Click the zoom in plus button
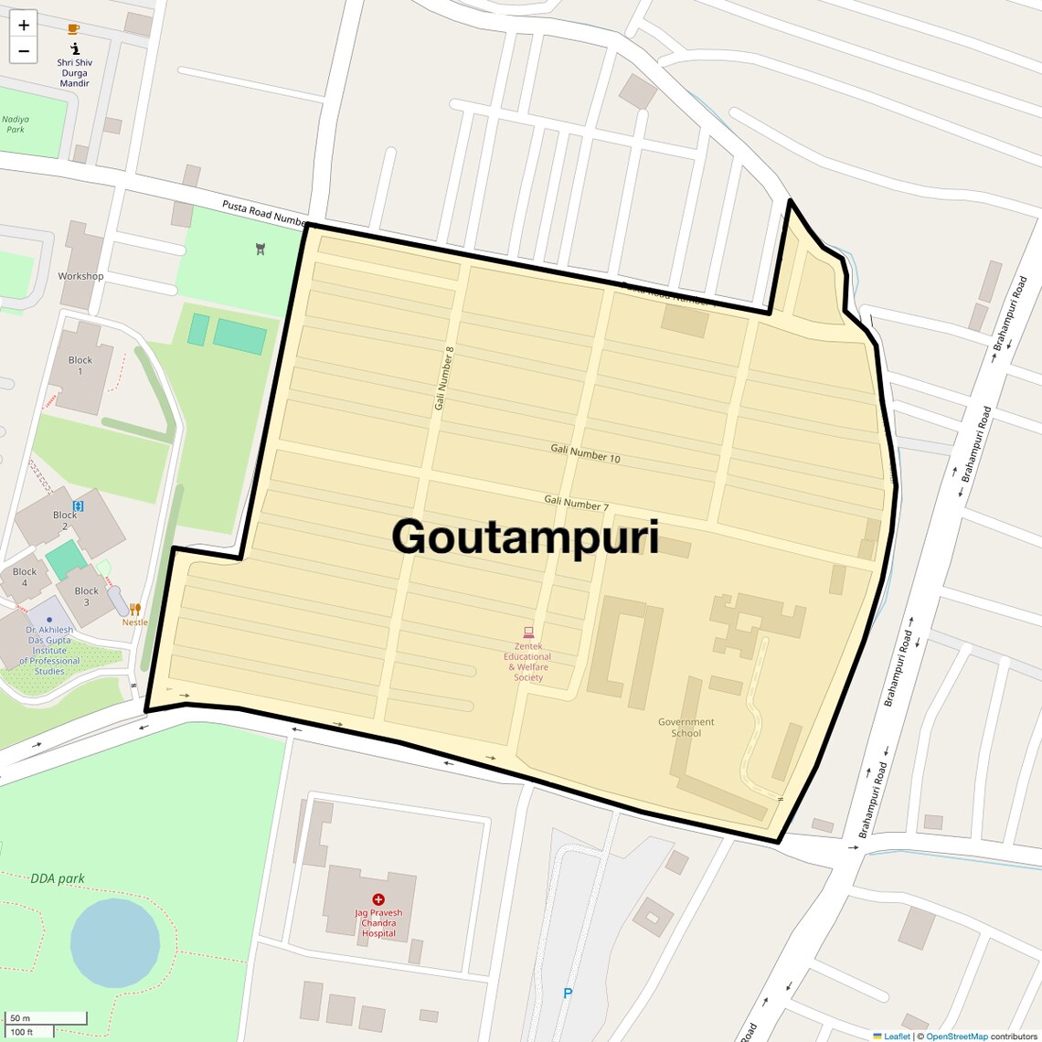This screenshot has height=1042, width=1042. coord(24,25)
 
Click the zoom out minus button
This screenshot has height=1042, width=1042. coord(24,51)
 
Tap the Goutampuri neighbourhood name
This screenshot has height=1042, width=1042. coord(526,537)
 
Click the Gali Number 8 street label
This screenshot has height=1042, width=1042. coord(444,377)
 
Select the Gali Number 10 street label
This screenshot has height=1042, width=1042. coord(585,452)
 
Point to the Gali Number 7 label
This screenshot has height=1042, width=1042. coord(576,502)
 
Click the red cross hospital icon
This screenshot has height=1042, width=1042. coord(378,899)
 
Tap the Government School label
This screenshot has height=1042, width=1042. coord(686,728)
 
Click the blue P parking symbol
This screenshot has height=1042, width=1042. coord(568,994)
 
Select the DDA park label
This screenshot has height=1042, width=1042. coord(58,878)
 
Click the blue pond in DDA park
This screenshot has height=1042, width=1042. coord(115,942)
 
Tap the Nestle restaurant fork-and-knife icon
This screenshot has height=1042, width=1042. coord(135,609)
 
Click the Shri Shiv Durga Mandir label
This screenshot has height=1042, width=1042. coord(75,73)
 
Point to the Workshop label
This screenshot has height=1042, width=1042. coord(80,276)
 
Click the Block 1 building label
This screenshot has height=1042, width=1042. coord(80,365)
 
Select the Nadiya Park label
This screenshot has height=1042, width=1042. coord(16,124)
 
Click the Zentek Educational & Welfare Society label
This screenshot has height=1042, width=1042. coord(528,662)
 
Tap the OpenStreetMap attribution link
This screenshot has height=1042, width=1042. coord(956,1036)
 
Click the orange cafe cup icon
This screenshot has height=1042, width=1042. coord(74,29)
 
